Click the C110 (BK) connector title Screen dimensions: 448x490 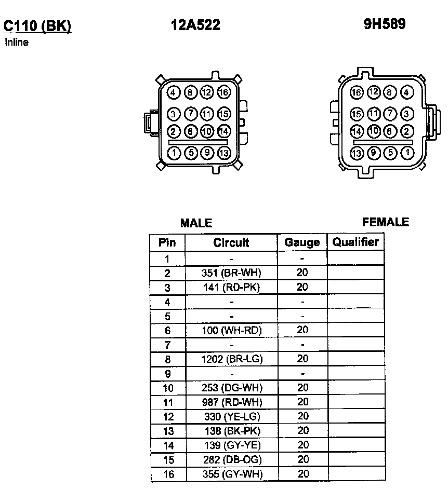pos(37,26)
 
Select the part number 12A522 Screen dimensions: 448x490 pos(195,25)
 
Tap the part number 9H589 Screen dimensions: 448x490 pos(385,24)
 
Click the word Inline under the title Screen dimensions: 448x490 pos(17,43)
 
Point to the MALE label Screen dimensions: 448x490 pos(196,223)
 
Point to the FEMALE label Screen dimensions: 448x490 pos(386,222)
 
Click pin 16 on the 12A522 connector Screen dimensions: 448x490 pos(224,93)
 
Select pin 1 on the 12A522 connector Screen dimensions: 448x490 pos(174,153)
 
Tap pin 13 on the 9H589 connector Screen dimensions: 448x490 pos(357,153)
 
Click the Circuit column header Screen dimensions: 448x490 pos(231,242)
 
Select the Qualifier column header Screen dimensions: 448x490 pos(355,242)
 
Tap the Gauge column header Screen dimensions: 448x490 pos(302,242)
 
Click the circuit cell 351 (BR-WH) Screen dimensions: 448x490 pos(231,273)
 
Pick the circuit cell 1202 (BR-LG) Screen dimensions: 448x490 pos(231,359)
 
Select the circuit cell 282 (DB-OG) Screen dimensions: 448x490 pos(231,459)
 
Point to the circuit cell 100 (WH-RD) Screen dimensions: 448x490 pos(231,330)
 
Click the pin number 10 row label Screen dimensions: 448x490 pos(167,388)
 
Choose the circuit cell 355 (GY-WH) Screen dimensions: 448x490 pos(231,474)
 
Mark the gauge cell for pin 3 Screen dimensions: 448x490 pos(302,287)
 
